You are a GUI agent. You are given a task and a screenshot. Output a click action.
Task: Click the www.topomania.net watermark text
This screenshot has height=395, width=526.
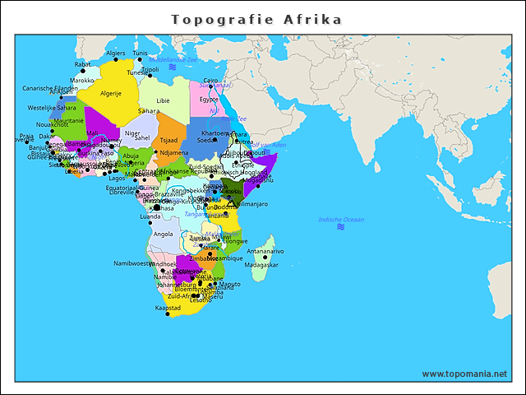point(464,374)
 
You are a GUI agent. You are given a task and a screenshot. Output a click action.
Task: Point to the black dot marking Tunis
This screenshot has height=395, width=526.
point(140,59)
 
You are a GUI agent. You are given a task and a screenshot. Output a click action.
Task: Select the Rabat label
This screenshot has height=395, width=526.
point(83,63)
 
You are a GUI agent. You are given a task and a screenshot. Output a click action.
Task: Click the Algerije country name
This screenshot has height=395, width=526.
point(111,94)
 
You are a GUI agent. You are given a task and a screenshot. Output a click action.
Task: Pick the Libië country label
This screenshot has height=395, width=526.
point(163,100)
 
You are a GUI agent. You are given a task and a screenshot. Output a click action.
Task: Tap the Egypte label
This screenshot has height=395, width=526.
point(209,99)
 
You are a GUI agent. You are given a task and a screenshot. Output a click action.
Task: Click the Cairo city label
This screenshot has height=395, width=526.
point(211,81)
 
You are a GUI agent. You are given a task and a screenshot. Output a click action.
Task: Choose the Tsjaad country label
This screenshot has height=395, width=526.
point(168,140)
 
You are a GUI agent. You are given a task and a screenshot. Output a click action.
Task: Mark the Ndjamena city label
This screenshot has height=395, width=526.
point(174,152)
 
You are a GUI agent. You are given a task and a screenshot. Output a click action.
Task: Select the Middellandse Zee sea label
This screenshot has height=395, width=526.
point(173,60)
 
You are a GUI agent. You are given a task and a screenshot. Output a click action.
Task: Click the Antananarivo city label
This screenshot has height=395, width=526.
point(265,251)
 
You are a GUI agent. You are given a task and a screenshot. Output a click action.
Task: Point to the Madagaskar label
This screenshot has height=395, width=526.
point(262,265)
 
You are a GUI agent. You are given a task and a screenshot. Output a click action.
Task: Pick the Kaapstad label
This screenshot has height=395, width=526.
point(168,308)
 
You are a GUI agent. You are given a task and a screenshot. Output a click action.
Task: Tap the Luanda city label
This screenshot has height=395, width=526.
point(150,216)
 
